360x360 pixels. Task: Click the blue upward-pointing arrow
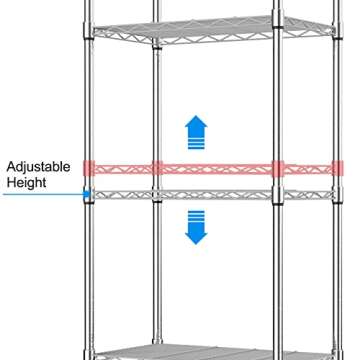point(196,131)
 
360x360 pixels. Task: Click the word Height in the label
point(28,184)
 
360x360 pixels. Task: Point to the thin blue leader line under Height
point(40,195)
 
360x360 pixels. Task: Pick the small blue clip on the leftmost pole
point(88,194)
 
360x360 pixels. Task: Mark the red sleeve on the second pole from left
point(157,167)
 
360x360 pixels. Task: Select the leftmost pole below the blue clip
point(89,280)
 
